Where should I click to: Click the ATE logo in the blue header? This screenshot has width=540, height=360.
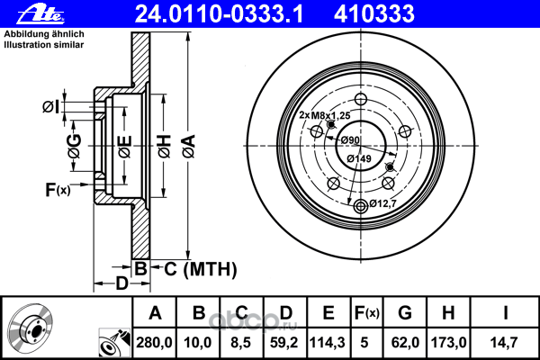(40, 14)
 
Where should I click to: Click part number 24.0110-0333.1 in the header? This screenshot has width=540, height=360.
(219, 14)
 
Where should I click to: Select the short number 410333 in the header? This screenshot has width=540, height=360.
(374, 14)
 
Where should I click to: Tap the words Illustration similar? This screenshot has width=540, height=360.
(44, 45)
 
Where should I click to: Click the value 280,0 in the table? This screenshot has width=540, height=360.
(154, 343)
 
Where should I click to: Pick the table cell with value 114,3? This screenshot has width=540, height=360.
(328, 343)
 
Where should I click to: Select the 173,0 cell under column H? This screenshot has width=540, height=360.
(449, 343)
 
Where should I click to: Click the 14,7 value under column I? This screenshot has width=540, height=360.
(504, 343)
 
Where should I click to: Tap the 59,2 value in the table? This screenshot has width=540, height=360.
(284, 343)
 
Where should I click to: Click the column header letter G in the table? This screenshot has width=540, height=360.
(405, 313)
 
